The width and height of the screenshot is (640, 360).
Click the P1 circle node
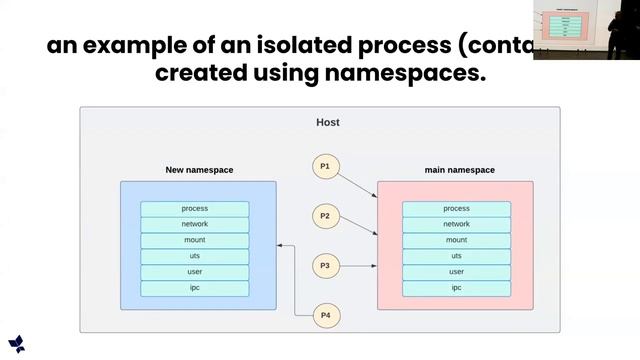tap(325, 166)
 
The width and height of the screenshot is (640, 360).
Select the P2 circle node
tap(325, 215)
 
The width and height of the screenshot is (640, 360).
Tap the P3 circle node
tap(325, 266)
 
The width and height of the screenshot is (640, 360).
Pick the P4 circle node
tap(325, 316)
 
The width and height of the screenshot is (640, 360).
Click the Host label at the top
tap(327, 122)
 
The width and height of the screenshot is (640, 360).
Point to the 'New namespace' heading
tap(199, 170)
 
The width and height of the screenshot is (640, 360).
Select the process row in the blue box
tap(195, 208)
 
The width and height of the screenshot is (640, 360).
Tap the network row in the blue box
tap(195, 224)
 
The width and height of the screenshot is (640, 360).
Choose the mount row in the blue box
tap(195, 240)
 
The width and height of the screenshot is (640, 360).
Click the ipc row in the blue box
tap(195, 288)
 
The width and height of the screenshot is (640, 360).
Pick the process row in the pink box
tap(456, 208)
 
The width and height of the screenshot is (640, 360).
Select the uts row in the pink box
tap(456, 256)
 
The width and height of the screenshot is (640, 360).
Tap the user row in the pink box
tap(456, 272)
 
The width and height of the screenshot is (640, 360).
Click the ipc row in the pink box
tap(456, 288)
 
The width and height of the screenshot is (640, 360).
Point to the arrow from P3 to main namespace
tap(357, 266)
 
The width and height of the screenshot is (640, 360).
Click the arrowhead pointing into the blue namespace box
tap(280, 245)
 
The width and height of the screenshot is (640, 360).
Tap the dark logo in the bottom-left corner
tap(16, 343)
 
